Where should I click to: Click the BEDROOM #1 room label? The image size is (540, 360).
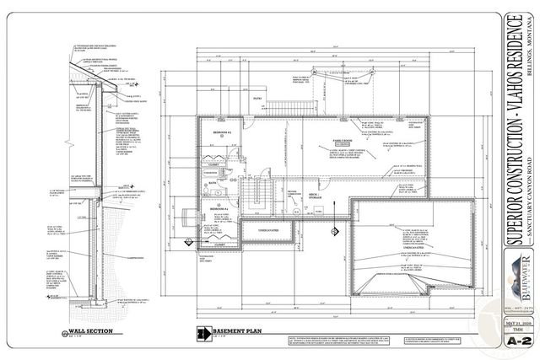pos(222,133)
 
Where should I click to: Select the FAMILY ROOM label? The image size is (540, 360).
pos(341,142)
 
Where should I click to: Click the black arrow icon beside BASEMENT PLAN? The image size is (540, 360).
pos(201,332)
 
